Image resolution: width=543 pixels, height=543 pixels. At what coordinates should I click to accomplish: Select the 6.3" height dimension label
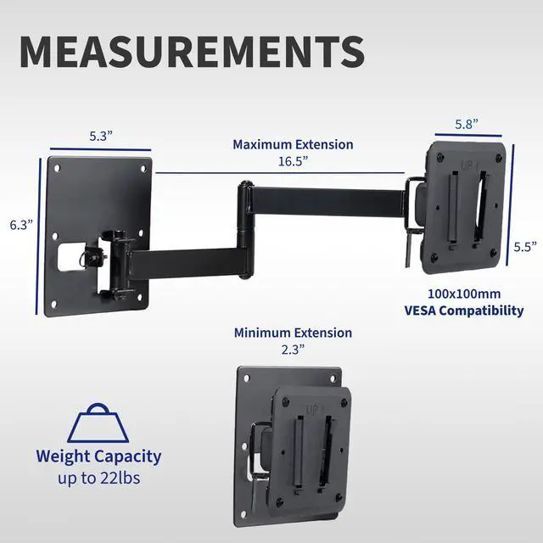[20, 225]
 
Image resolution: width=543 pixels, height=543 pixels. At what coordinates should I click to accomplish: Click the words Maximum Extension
[293, 144]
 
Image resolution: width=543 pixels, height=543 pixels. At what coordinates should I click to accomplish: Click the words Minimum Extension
[293, 333]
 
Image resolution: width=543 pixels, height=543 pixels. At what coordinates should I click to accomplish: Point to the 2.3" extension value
[293, 350]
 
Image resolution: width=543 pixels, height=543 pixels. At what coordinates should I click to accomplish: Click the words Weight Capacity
[98, 456]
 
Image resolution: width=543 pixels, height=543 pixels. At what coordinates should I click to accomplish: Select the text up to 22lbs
[98, 479]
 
